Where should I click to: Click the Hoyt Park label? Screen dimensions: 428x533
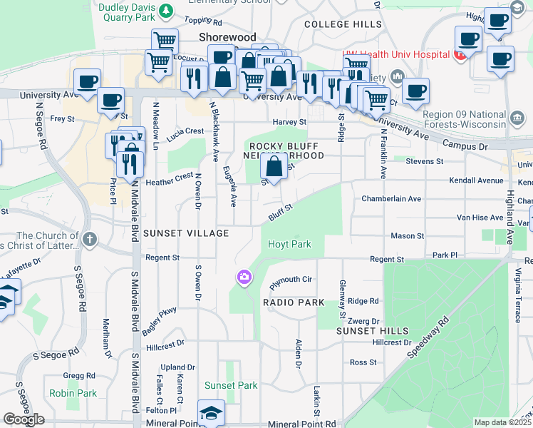tap(289, 244)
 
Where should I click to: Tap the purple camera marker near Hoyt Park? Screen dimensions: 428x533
tap(244, 277)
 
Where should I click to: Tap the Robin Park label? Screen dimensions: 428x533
tap(73, 393)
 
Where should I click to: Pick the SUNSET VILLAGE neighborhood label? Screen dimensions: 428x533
tap(186, 233)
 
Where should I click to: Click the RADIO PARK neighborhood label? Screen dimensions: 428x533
tap(294, 302)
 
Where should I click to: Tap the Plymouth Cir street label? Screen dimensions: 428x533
tap(291, 282)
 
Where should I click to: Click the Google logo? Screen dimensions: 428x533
tap(24, 419)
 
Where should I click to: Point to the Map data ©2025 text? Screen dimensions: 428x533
tap(502, 422)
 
